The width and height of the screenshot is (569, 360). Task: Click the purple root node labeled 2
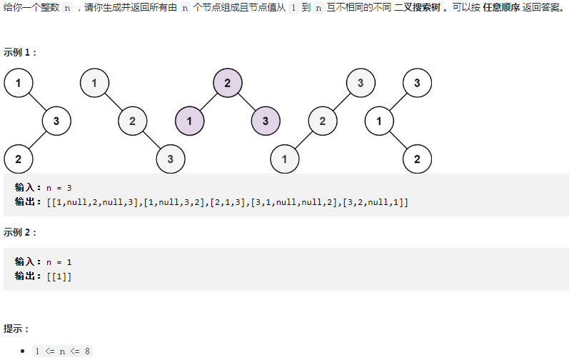[x=227, y=83]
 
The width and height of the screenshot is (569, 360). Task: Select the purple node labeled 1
[x=189, y=121]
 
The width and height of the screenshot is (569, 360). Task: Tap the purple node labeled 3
[x=265, y=121]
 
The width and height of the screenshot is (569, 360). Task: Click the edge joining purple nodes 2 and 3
[x=246, y=102]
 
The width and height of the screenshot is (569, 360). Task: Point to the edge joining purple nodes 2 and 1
[x=208, y=102]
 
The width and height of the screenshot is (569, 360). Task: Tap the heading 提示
[x=16, y=329]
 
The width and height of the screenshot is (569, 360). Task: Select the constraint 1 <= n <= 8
[x=63, y=351]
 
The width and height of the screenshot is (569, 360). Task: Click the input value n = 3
[x=59, y=188]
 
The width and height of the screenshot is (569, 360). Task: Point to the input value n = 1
[x=59, y=261]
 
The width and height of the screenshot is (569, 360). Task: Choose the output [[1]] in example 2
[x=59, y=276]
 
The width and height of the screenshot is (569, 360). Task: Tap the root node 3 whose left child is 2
[x=360, y=83]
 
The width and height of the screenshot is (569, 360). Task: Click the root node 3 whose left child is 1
[x=417, y=83]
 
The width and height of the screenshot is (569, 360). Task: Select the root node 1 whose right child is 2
[x=94, y=83]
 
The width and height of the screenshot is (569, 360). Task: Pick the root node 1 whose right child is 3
[x=18, y=83]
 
